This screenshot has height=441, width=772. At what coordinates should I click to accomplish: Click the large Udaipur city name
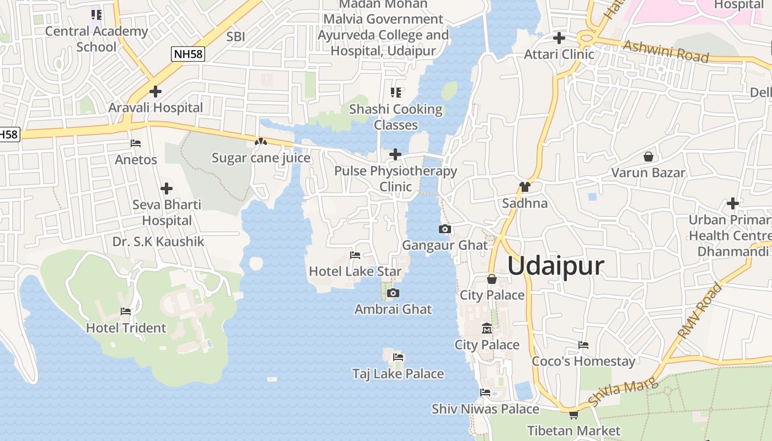click(555, 266)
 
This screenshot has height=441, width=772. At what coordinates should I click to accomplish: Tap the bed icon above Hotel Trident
click(126, 311)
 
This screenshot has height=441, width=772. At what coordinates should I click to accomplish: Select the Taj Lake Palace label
click(398, 374)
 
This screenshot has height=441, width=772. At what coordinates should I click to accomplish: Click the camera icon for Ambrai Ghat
click(393, 293)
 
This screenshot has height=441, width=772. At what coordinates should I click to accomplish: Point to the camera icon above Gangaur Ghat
click(445, 229)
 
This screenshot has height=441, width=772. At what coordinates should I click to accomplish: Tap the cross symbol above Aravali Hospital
click(156, 92)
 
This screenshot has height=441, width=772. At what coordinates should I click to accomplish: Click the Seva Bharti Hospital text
click(167, 213)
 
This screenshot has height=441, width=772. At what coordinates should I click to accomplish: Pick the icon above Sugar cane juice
click(260, 142)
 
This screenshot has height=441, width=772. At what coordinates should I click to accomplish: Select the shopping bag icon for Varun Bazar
click(648, 157)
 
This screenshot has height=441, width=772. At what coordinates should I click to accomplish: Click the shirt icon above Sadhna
click(524, 187)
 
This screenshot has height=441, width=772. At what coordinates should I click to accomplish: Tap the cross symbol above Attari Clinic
click(559, 38)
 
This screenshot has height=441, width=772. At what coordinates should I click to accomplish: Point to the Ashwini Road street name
click(666, 51)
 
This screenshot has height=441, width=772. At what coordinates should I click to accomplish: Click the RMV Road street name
click(700, 311)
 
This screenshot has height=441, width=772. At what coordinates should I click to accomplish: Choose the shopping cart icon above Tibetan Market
click(573, 415)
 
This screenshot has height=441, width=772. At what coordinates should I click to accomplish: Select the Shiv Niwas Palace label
click(485, 409)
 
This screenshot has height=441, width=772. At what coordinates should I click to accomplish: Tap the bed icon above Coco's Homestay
click(583, 345)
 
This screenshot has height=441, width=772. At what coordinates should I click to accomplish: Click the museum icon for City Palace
click(487, 329)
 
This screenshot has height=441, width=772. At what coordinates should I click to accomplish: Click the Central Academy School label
click(96, 39)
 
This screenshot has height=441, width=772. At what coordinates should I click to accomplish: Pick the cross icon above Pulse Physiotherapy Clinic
click(395, 154)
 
